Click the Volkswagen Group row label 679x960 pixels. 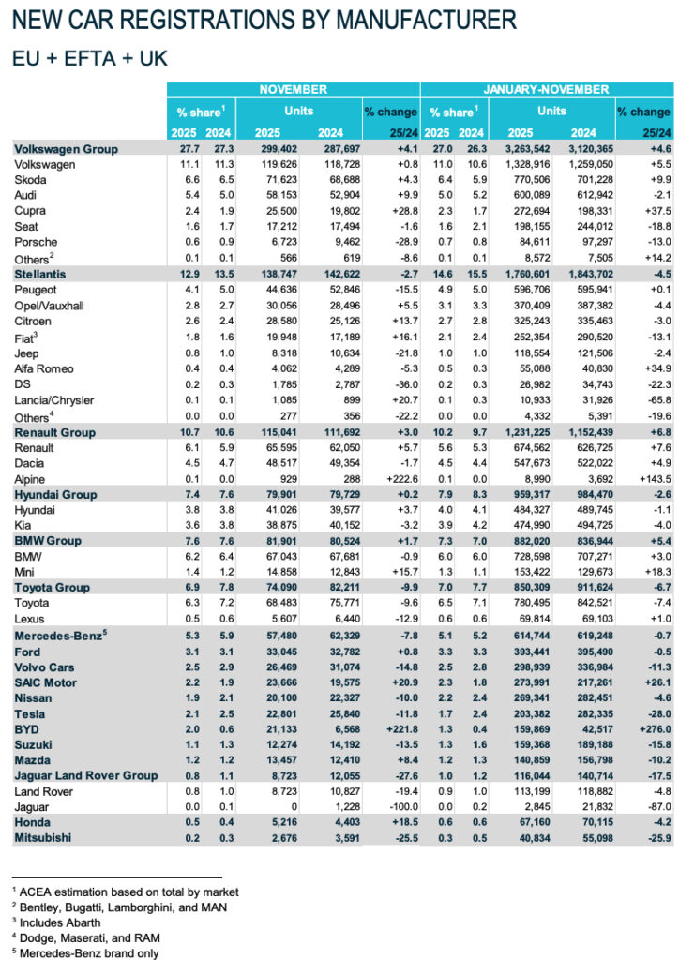(66, 149)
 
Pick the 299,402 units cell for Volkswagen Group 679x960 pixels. (264, 149)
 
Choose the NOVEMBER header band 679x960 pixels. (294, 89)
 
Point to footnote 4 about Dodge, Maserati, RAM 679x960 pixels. (84, 937)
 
